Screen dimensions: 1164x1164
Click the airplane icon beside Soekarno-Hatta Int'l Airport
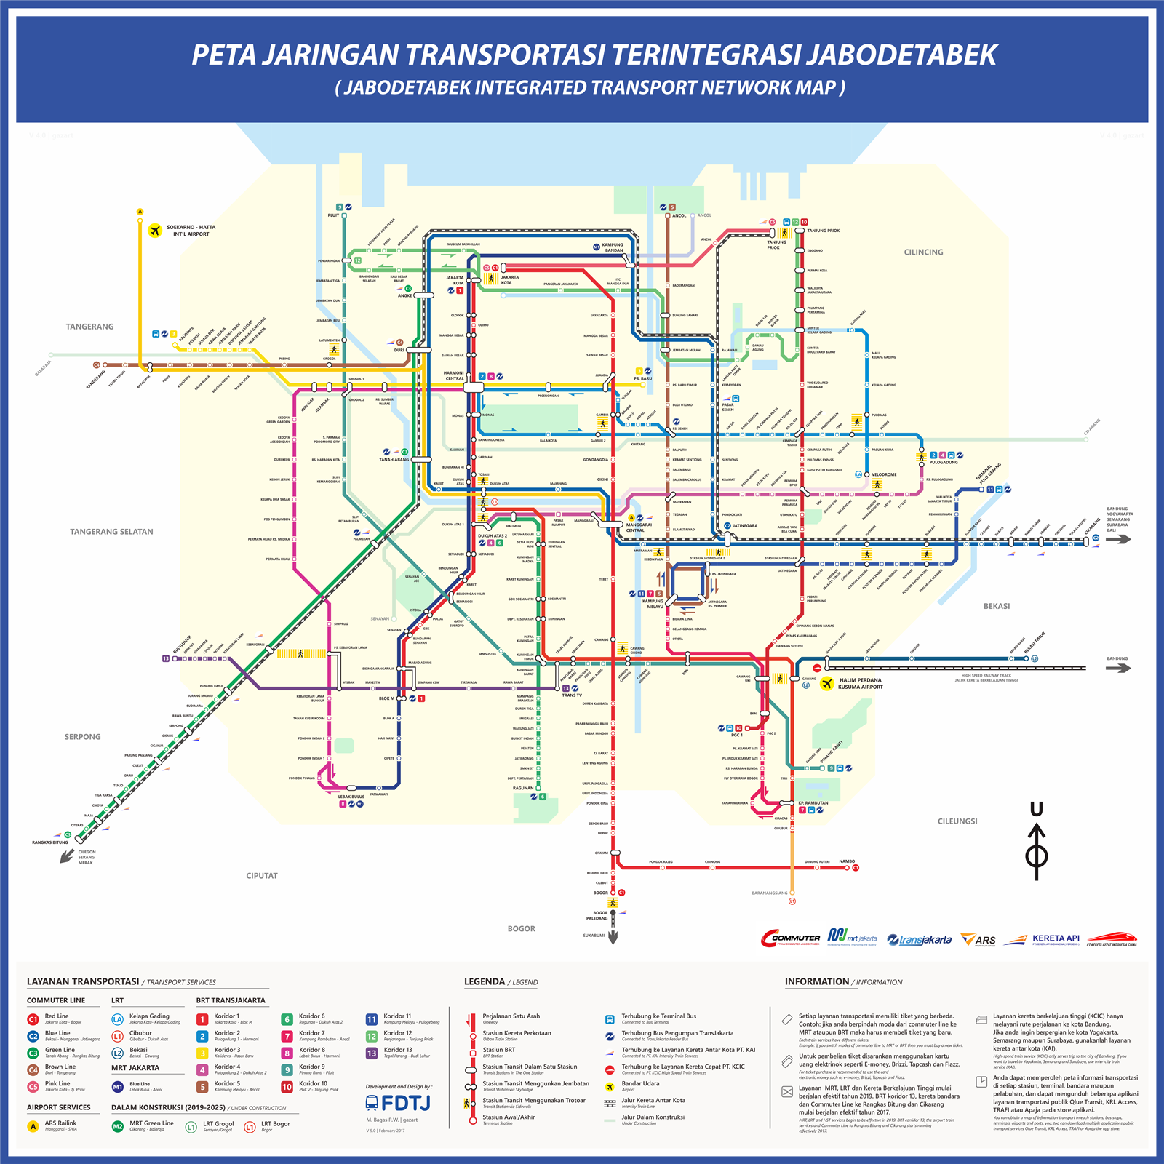154,231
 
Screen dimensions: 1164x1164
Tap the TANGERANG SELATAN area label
111,532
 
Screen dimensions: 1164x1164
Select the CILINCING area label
923,252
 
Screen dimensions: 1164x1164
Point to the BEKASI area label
996,606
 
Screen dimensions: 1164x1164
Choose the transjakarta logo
920,940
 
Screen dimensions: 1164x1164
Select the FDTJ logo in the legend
397,1103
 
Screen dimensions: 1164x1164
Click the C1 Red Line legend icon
33,1019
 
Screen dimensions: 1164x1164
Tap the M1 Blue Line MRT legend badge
117,1087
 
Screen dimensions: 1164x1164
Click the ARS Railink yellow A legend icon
33,1126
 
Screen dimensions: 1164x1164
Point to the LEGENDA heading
485,981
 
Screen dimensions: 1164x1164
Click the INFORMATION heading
816,981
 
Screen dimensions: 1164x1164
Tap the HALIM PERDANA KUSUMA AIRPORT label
860,683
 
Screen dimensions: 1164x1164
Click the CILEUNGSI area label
957,821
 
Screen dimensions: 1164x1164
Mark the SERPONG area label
82,737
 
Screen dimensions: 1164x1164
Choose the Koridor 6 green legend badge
287,1019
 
